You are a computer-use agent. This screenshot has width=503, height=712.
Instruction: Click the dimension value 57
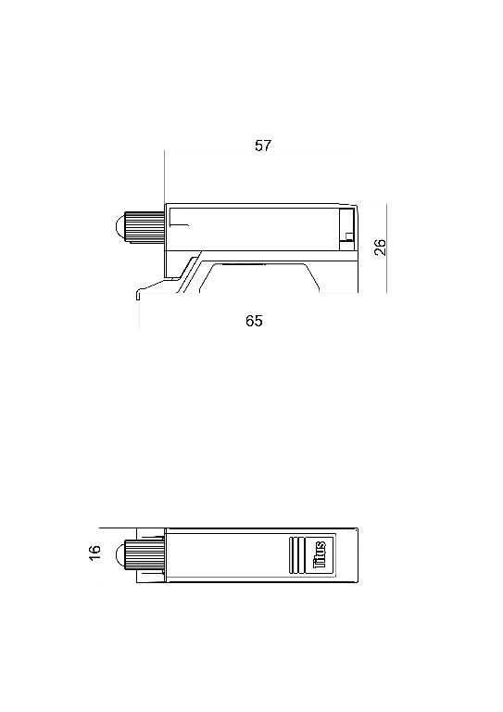263,146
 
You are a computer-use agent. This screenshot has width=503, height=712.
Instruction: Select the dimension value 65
254,321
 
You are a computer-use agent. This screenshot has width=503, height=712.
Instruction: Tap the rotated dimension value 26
380,247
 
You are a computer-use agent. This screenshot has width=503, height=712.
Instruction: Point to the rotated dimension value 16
94,553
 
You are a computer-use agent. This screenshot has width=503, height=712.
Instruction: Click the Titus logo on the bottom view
320,557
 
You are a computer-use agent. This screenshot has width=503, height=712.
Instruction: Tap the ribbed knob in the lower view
145,557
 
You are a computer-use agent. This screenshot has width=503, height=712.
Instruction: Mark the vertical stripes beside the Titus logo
297,557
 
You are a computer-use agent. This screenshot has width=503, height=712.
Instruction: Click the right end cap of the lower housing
354,557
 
